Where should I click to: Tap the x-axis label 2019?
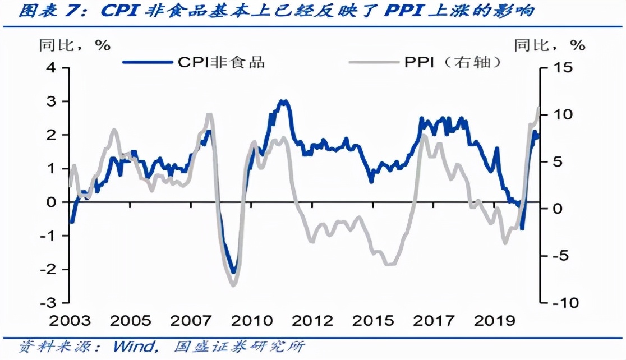495,321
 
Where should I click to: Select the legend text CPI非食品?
221,62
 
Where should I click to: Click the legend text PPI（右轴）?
452,62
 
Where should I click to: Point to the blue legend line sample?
148,62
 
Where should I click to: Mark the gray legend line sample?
373,62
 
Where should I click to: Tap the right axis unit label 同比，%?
550,44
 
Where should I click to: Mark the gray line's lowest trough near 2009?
234,285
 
